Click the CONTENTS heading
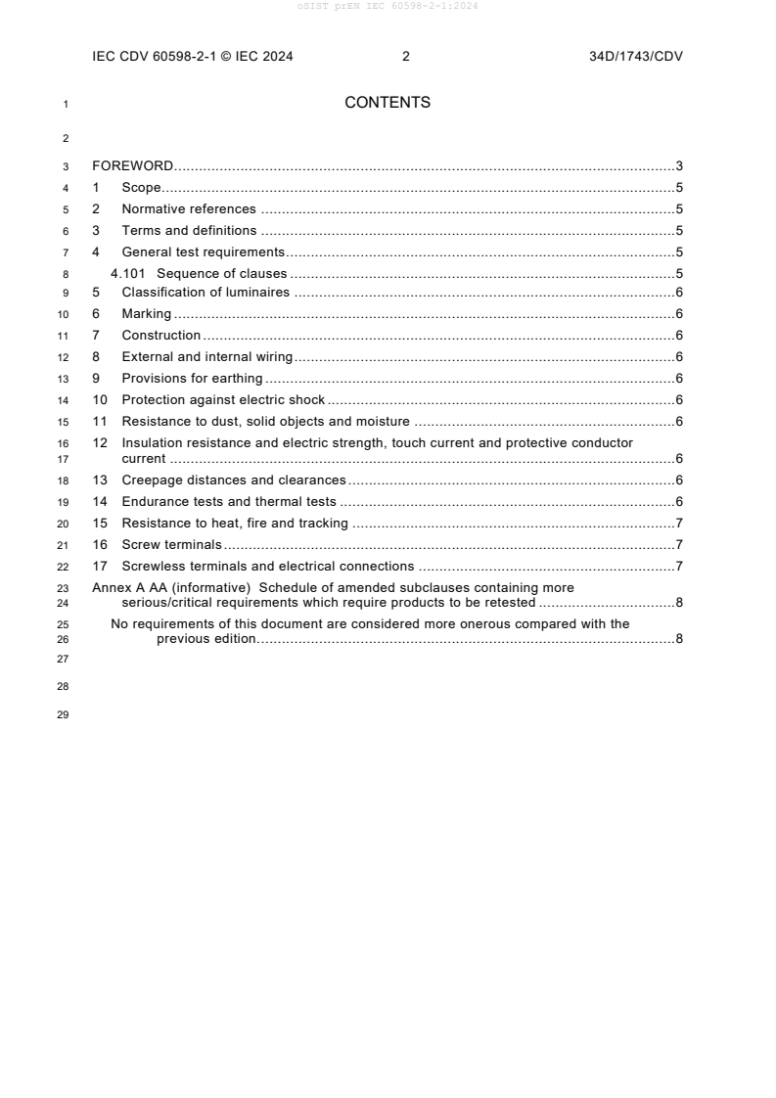point(388,103)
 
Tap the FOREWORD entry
point(132,166)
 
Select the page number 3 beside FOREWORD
point(678,166)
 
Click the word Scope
point(141,188)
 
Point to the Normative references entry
point(188,209)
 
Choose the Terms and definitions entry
point(188,231)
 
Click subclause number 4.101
point(128,274)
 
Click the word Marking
point(146,314)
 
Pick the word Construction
point(160,336)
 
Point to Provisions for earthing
point(192,379)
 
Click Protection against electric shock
point(223,400)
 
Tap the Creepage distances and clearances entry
point(233,480)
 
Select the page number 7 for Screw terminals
point(678,545)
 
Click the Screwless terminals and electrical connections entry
point(267,567)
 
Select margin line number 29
point(64,713)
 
